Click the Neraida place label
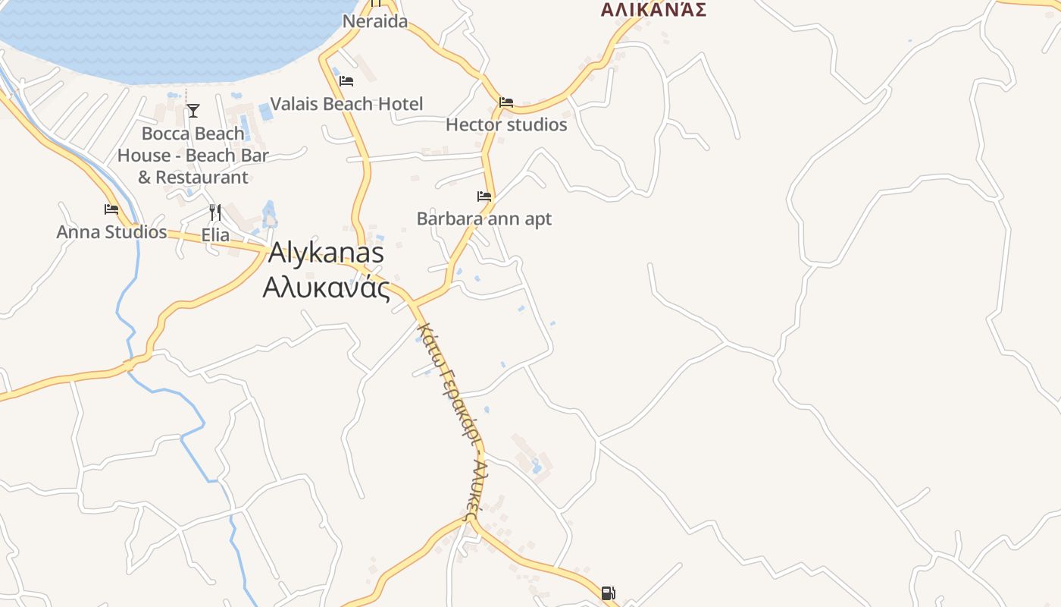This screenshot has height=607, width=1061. coord(374,21)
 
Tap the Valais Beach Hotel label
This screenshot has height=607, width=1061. coord(346,104)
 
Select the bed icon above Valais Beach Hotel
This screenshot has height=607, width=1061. coord(346,80)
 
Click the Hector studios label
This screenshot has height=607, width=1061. coord(505,124)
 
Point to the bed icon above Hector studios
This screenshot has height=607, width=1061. coord(505,102)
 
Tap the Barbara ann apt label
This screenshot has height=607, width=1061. coord(484,219)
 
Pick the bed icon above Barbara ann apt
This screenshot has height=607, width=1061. coord(484,197)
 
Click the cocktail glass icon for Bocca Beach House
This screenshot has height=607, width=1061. coord(193,111)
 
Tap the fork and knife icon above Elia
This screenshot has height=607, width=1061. coord(215,212)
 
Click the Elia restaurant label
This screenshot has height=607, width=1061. coord(215,235)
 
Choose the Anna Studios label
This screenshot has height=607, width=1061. coord(111,232)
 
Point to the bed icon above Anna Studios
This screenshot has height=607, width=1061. coord(111,209)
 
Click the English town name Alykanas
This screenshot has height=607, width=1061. coord(326,253)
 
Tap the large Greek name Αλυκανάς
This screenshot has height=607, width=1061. coord(326,288)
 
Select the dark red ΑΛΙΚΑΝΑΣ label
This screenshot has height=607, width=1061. coord(653,10)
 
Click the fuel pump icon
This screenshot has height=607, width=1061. coord(608,593)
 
